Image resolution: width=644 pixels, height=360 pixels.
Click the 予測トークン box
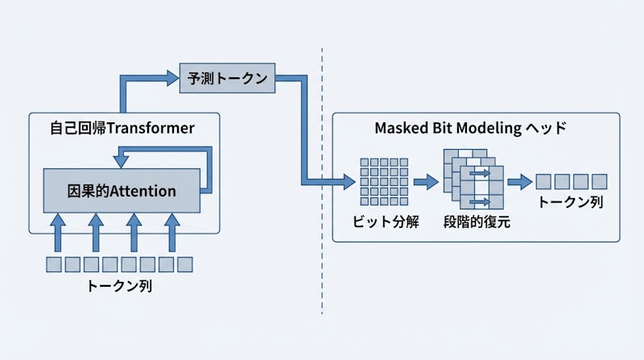click(226, 78)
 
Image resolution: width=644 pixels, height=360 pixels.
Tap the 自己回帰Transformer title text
click(122, 128)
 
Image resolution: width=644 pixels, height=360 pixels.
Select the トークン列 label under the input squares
click(121, 285)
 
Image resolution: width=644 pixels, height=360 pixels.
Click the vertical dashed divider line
click(322, 177)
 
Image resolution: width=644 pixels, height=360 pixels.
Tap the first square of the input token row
click(53, 263)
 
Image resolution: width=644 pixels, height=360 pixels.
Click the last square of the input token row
click(185, 263)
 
